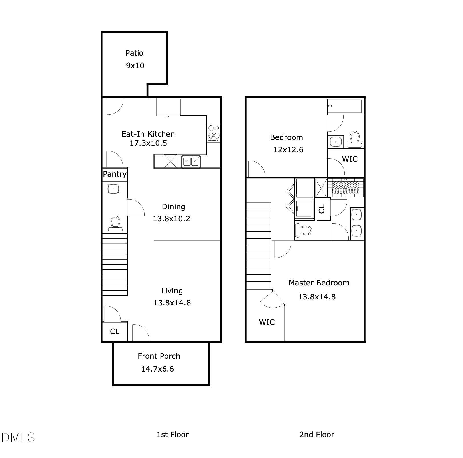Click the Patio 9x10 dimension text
135,66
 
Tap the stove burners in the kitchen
213,133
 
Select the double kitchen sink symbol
191,162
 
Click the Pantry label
115,174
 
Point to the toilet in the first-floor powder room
115,224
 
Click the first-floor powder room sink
113,189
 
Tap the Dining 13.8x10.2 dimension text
171,219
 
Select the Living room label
172,291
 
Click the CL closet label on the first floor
115,331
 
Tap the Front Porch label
159,356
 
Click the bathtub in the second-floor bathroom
345,106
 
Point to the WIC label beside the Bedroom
350,159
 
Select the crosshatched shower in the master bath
346,188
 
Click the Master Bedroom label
319,283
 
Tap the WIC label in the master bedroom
267,322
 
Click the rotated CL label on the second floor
322,209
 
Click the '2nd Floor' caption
316,435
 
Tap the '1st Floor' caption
172,435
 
